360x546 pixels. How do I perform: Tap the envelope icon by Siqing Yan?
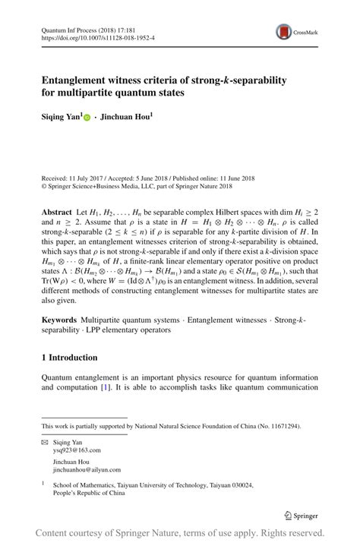point(45,442)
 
